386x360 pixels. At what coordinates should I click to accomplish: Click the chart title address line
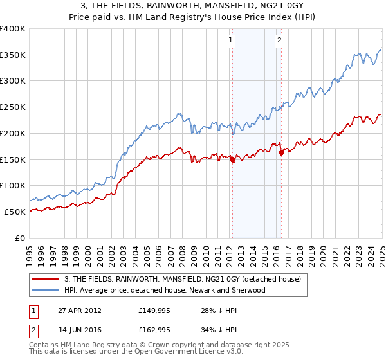pyautogui.click(x=193, y=5)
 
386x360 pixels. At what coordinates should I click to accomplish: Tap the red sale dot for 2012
pyautogui.click(x=233, y=161)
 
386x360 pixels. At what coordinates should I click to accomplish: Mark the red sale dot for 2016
pyautogui.click(x=281, y=153)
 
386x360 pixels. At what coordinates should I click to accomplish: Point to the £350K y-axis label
pyautogui.click(x=13, y=55)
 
